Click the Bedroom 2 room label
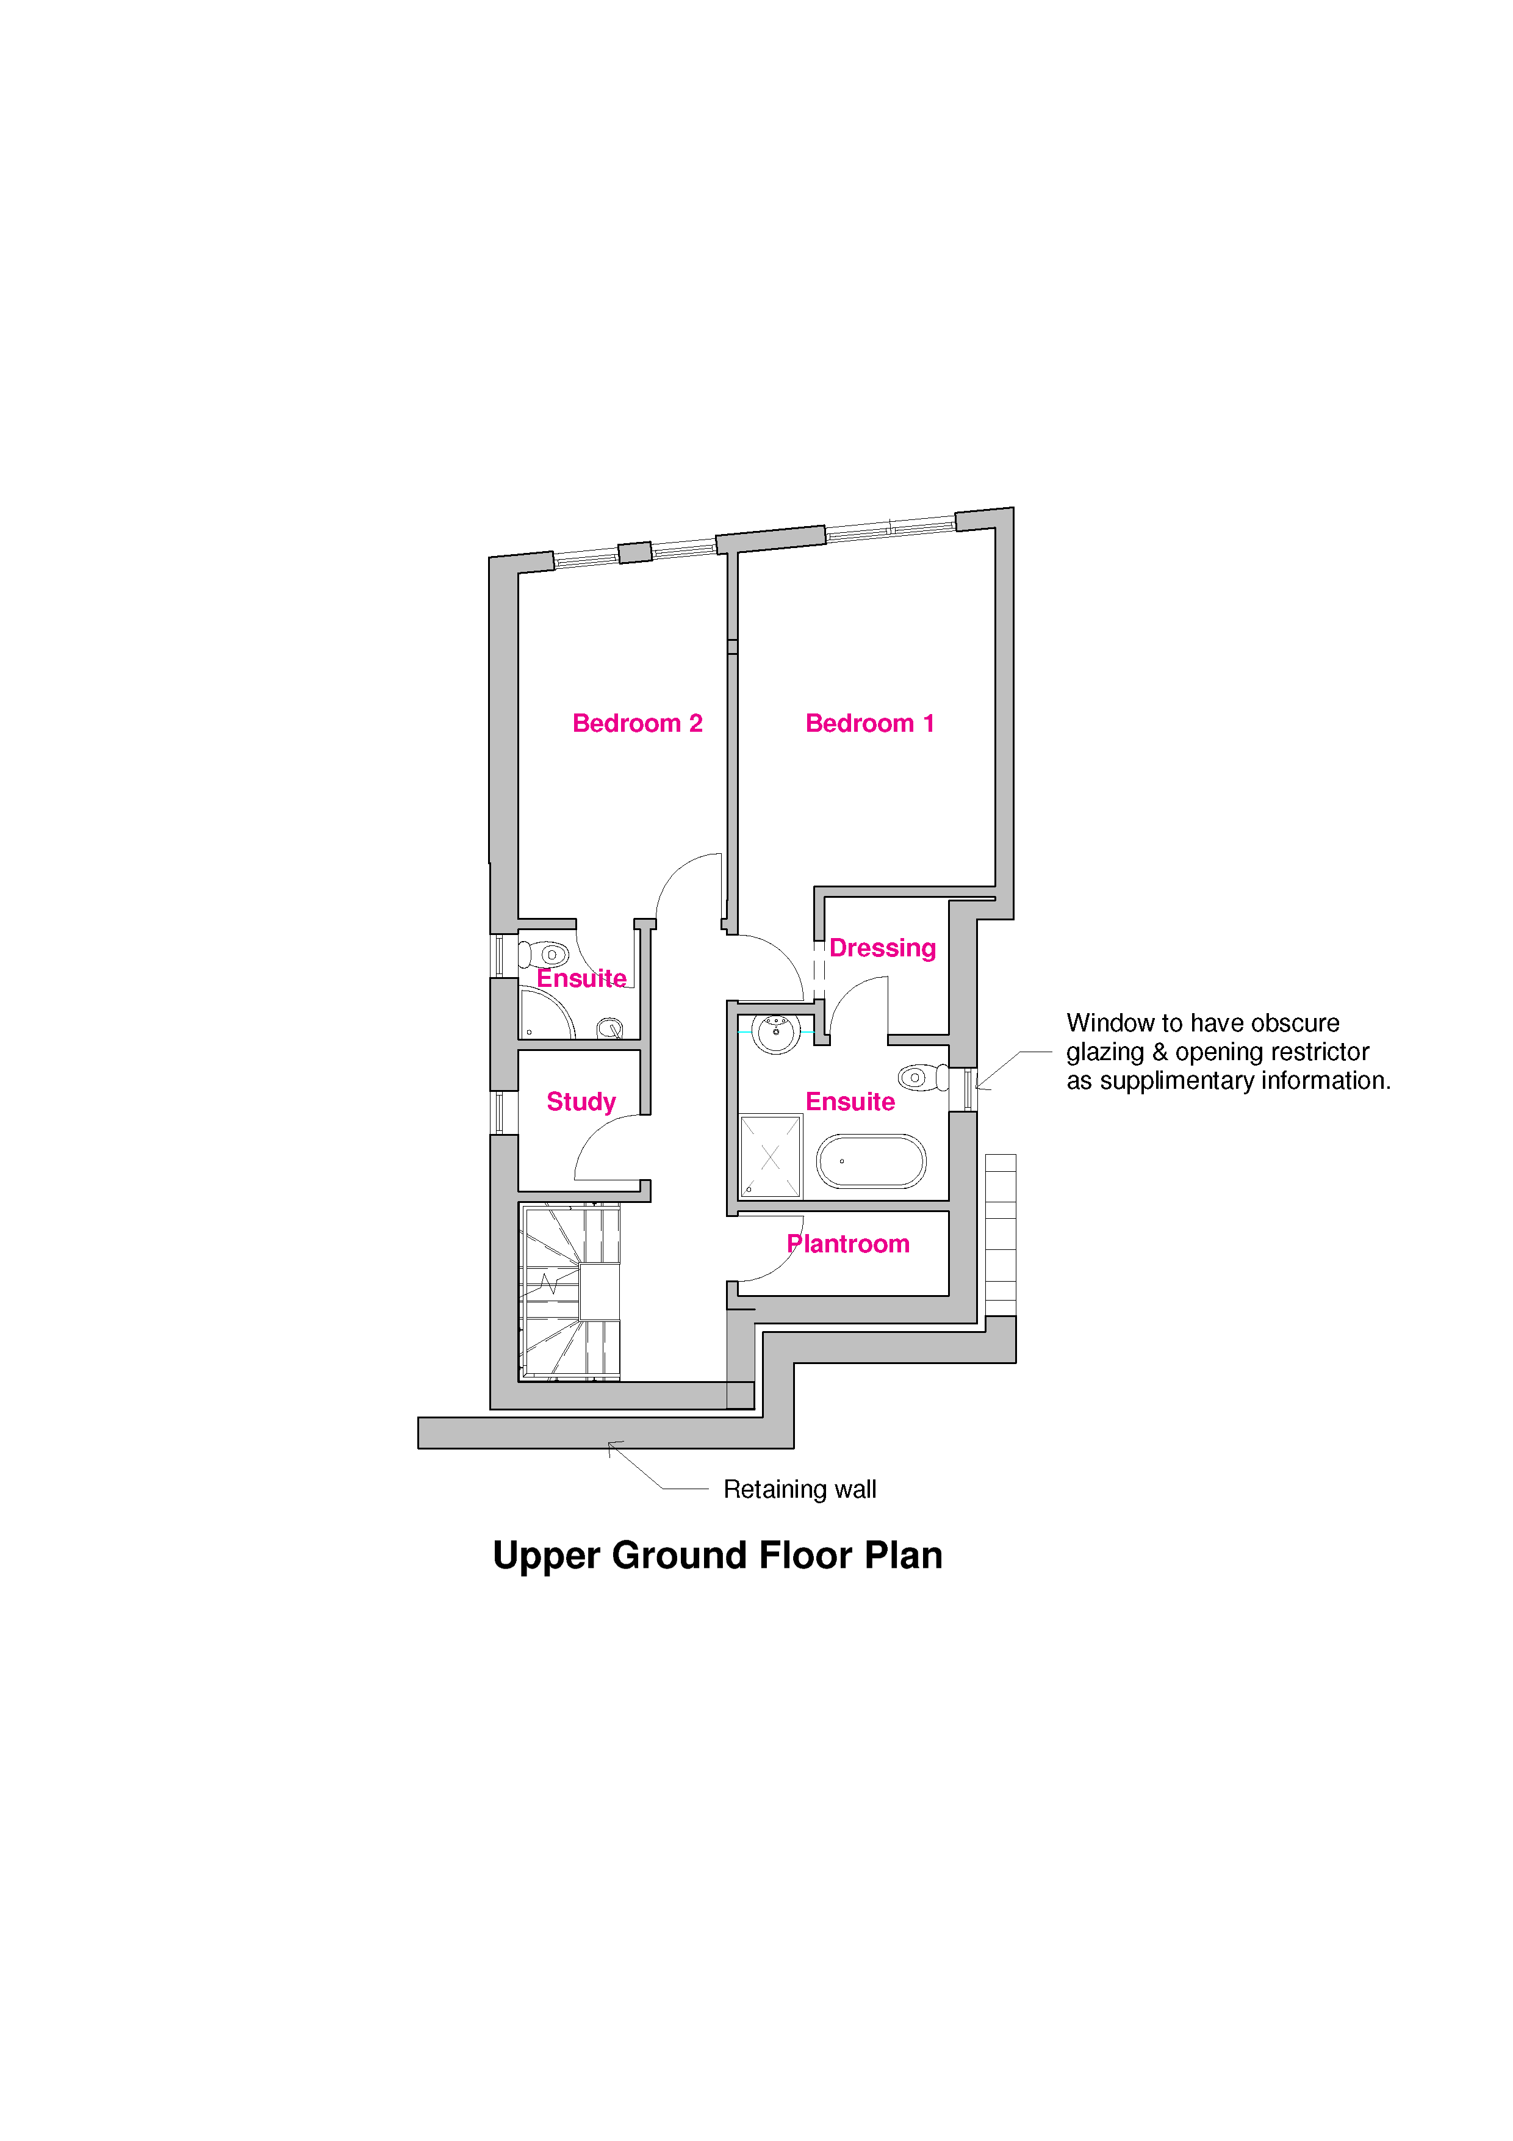tap(637, 724)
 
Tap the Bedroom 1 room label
tap(870, 724)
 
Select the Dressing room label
tap(882, 948)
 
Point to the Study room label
tap(581, 1102)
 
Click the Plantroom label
tap(849, 1244)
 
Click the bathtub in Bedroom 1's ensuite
tap(871, 1161)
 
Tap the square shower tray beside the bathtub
tap(770, 1157)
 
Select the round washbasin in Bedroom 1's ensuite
tap(775, 1032)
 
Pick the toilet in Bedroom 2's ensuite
tap(544, 955)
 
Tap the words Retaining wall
tap(800, 1489)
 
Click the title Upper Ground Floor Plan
tap(718, 1555)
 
